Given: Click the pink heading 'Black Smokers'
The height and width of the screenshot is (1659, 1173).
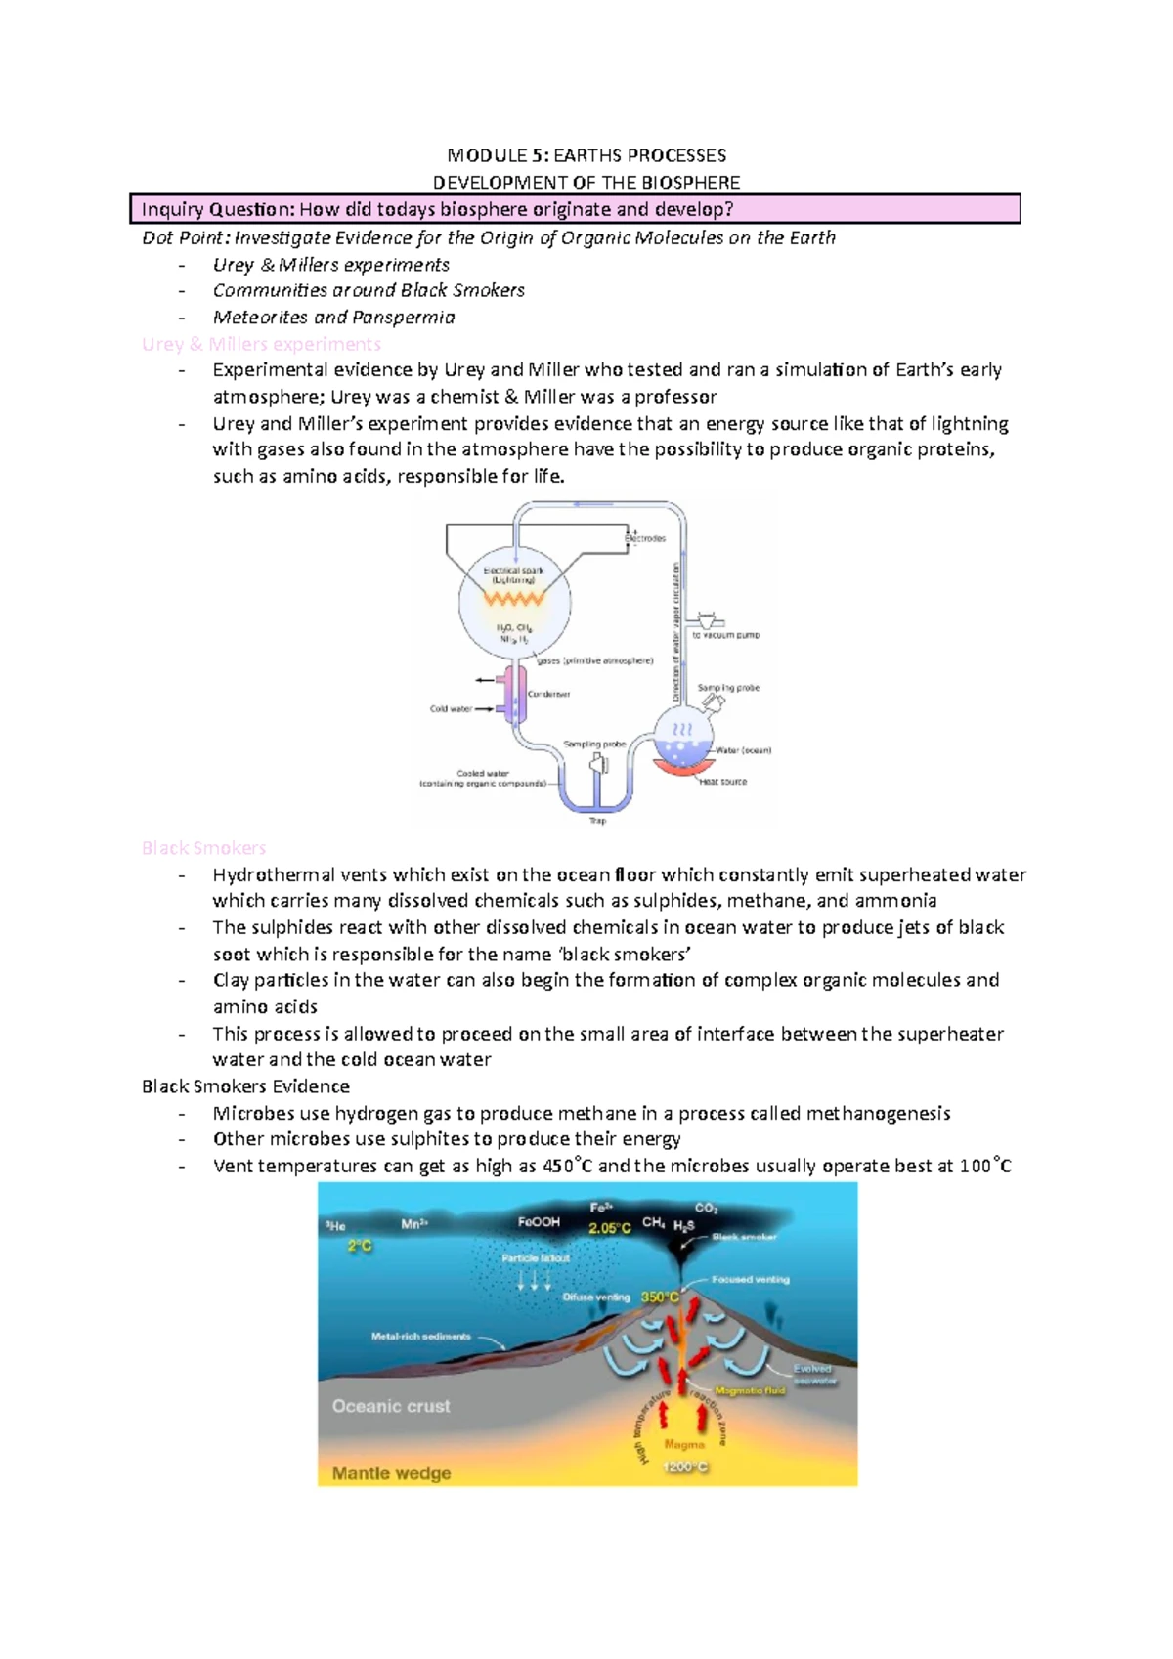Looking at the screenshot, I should pyautogui.click(x=203, y=848).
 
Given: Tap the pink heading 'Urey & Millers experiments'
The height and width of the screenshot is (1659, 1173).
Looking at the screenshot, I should pyautogui.click(x=261, y=344).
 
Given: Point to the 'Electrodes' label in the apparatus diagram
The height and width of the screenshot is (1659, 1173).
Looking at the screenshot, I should pyautogui.click(x=645, y=538).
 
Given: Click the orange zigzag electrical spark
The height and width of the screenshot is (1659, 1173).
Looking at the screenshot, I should pyautogui.click(x=512, y=598).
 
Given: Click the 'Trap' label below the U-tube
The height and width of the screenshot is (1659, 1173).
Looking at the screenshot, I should pyautogui.click(x=597, y=821).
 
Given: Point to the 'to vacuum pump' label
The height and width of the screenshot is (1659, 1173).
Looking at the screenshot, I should pyautogui.click(x=725, y=635).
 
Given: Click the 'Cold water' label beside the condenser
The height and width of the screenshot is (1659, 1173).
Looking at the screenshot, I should pyautogui.click(x=451, y=709).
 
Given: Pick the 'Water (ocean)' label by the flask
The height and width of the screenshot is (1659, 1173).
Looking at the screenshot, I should pyautogui.click(x=744, y=750).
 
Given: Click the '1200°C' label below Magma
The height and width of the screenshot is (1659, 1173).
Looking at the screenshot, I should pyautogui.click(x=685, y=1467).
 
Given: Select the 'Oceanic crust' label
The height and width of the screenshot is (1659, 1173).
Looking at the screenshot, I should pyautogui.click(x=391, y=1406).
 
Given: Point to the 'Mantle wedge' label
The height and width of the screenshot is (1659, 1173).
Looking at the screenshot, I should pyautogui.click(x=391, y=1473).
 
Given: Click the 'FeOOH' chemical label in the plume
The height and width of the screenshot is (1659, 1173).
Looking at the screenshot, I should pyautogui.click(x=539, y=1222).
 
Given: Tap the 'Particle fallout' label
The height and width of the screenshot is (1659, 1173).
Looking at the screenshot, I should pyautogui.click(x=535, y=1258).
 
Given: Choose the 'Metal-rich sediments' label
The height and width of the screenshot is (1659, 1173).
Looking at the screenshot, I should pyautogui.click(x=420, y=1336).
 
